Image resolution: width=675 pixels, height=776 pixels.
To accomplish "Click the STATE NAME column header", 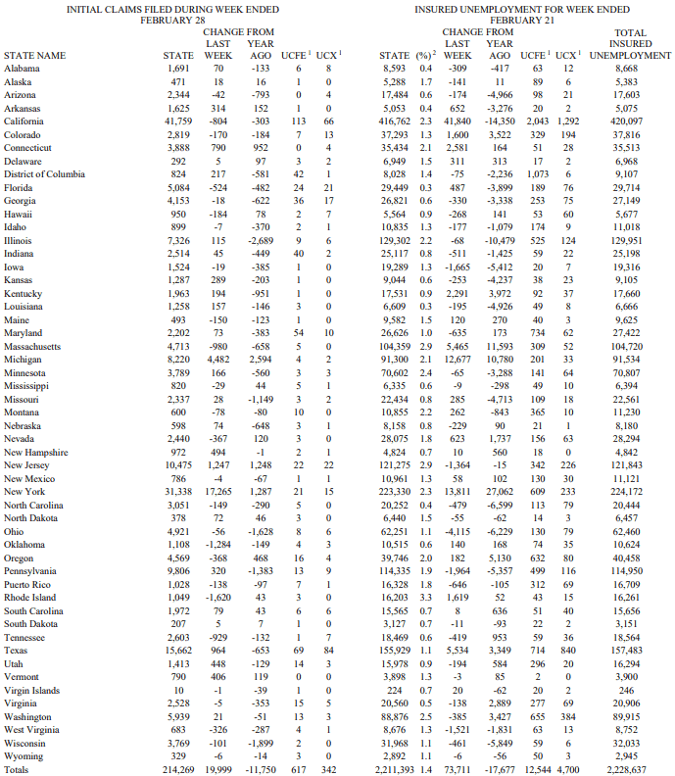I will pos(35,56).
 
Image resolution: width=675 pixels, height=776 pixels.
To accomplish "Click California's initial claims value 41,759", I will pos(177,121).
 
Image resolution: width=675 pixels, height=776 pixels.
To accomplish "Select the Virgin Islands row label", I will pos(31,690).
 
